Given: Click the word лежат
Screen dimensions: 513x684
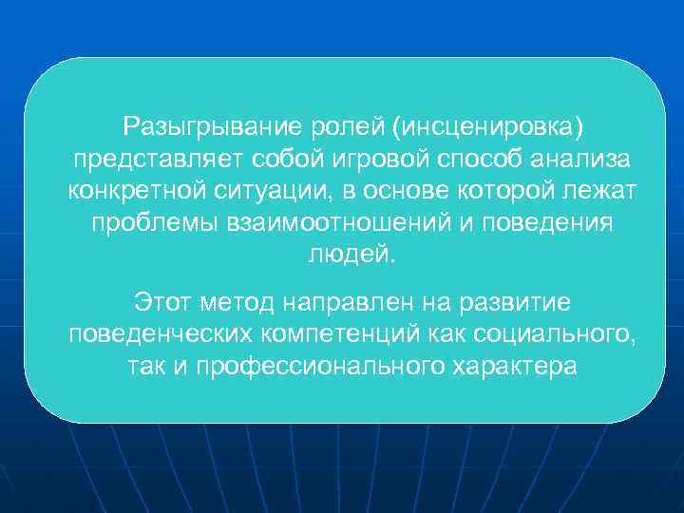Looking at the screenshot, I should click(603, 192).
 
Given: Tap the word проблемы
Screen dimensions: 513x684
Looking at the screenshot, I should click(154, 224).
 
